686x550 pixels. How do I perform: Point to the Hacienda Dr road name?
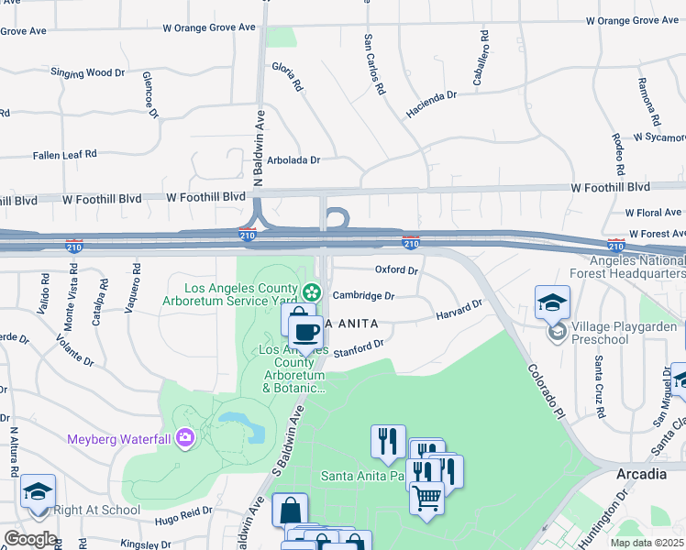pos(431,103)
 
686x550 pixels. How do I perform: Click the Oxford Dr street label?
pos(396,270)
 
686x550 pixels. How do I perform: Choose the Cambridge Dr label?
pos(363,296)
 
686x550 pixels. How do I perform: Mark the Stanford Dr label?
pos(358,350)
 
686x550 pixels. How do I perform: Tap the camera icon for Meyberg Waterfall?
pos(185,439)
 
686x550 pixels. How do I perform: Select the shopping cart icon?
pos(426,500)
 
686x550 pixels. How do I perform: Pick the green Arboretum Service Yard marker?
pos(313,292)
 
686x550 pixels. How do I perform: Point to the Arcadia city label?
pos(641,474)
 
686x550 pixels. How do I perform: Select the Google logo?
pos(29,539)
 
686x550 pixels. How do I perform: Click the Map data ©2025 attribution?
pos(647,543)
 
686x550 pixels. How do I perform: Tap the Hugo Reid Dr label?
pos(183,516)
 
